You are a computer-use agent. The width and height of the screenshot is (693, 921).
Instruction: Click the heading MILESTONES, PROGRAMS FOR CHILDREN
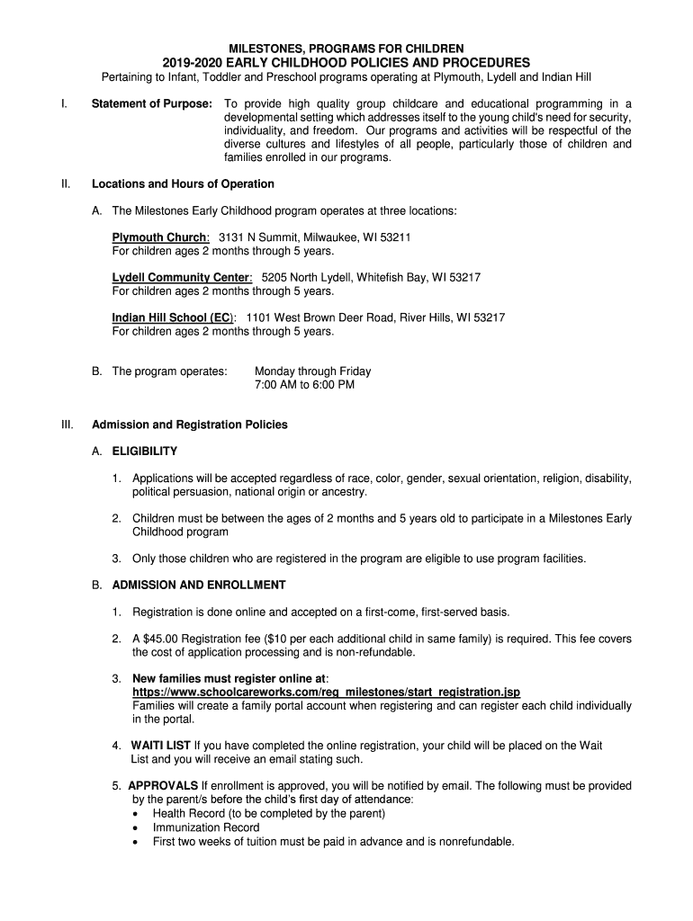tap(346, 48)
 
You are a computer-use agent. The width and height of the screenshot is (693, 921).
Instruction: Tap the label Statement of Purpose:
tap(152, 103)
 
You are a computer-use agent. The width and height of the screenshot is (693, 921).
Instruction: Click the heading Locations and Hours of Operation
tap(183, 184)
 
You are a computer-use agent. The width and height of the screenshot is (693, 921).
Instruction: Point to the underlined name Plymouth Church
tap(159, 237)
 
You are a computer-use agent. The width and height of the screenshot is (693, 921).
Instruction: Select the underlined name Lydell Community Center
tap(181, 278)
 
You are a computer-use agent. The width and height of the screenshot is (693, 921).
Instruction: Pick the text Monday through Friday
tap(312, 371)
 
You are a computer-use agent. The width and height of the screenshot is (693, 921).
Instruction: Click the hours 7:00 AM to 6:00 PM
tap(304, 385)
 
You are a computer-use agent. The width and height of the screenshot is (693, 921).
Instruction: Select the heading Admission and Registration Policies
tap(190, 425)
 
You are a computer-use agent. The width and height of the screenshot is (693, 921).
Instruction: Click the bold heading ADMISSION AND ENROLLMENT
tap(199, 586)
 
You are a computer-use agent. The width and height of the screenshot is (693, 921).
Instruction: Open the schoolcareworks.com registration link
tap(326, 693)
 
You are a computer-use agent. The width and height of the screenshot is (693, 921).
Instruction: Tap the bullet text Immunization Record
tap(206, 827)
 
